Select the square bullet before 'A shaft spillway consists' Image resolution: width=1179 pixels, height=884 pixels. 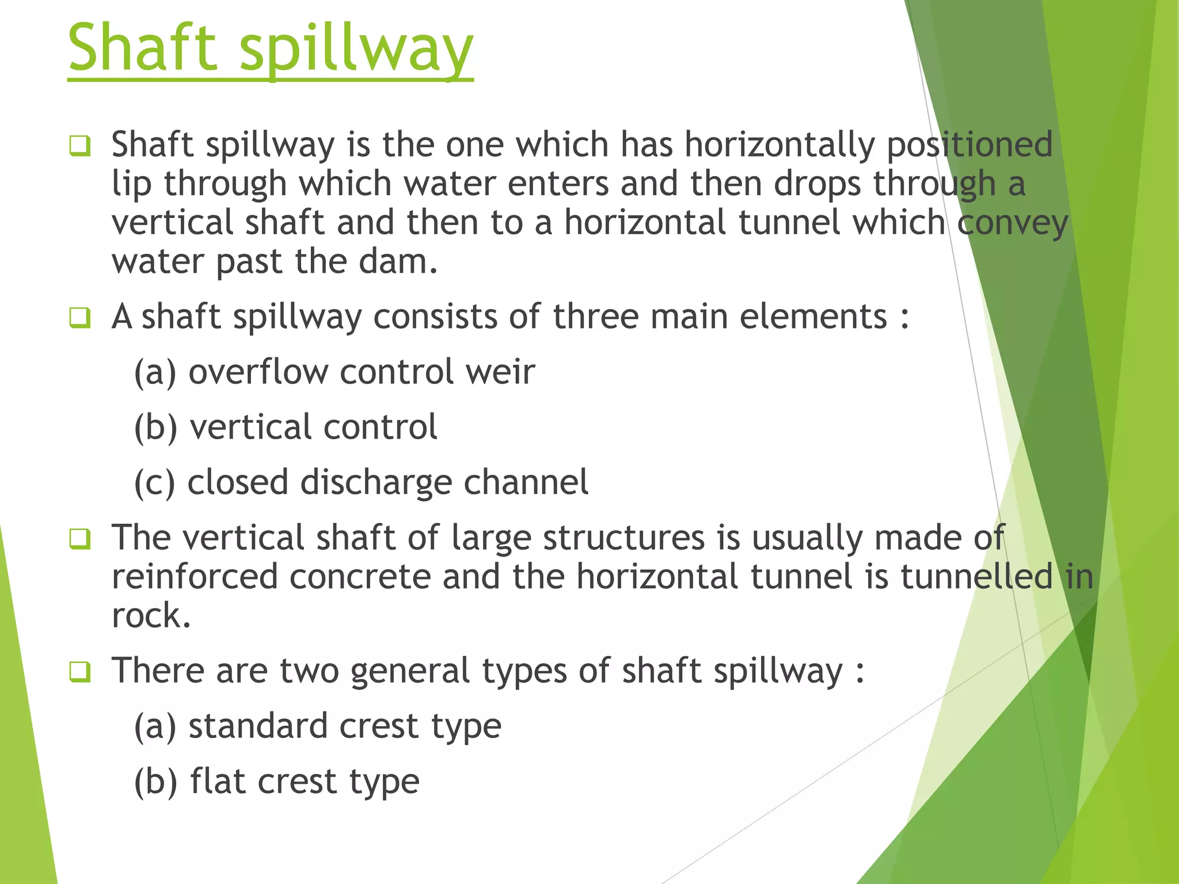tap(79, 317)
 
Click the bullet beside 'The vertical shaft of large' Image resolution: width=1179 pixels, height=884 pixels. tap(79, 539)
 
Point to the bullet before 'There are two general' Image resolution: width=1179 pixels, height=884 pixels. tap(79, 672)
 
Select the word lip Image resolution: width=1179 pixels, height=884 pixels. tap(132, 184)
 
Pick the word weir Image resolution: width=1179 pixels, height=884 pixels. tap(500, 372)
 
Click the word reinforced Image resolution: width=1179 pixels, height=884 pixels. tap(195, 577)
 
